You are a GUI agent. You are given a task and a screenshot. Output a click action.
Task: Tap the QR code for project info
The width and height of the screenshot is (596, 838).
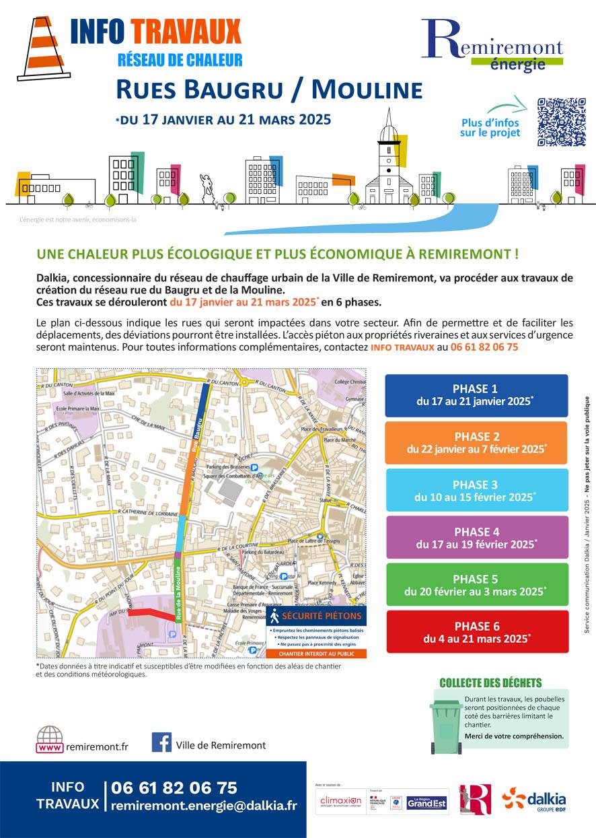point(561,122)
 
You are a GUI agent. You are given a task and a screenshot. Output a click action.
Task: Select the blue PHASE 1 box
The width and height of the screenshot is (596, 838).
point(476,395)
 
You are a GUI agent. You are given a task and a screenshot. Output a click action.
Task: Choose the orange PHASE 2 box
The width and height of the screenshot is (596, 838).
point(476,442)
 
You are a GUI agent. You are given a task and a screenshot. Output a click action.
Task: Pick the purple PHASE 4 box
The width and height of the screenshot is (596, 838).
point(476,537)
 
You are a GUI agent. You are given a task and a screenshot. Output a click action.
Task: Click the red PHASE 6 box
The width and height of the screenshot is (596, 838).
point(476,631)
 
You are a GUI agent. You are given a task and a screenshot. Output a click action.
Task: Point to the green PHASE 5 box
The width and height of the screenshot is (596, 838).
point(476,584)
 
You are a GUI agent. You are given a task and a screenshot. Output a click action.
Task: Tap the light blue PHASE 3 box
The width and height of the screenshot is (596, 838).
point(476,490)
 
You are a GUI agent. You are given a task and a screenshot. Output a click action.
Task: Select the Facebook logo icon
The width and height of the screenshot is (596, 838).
point(161,742)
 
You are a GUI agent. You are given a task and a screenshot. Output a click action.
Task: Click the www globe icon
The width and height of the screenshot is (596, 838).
point(50,738)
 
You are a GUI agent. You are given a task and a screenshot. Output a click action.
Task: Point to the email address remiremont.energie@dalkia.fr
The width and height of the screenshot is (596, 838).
point(204,805)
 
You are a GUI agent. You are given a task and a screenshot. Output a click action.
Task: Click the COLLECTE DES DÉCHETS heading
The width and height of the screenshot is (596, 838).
point(490,683)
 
